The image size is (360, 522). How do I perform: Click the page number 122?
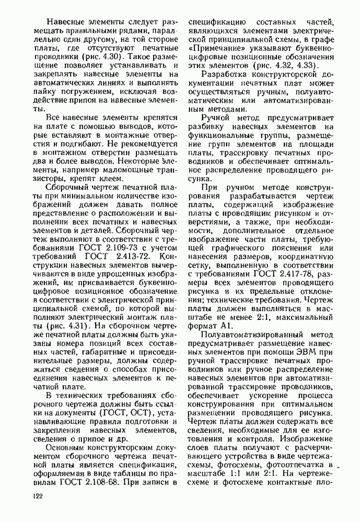click(x=38, y=497)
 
